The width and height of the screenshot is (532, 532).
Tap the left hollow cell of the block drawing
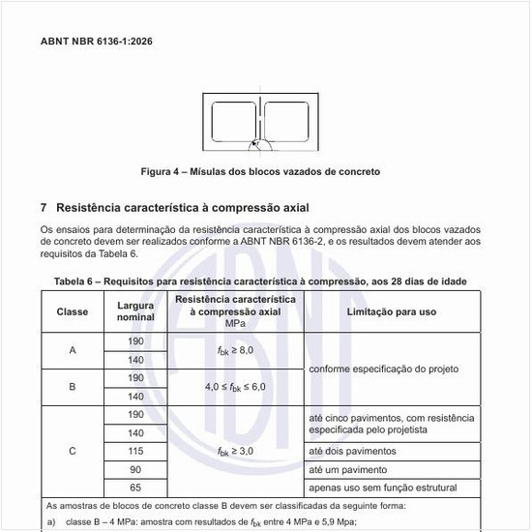tap(232, 122)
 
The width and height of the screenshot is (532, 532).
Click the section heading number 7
tap(44, 208)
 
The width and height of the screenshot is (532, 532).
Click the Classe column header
tap(73, 311)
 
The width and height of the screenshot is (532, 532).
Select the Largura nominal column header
tap(135, 311)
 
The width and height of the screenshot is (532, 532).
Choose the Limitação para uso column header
tap(392, 311)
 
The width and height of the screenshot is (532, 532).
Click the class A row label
tap(73, 350)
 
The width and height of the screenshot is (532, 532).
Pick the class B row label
tap(73, 387)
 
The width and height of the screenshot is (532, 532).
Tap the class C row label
tap(73, 451)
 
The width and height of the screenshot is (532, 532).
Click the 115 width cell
tap(135, 451)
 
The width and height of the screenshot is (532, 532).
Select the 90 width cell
tap(135, 469)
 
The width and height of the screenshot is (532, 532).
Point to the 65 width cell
tap(135, 488)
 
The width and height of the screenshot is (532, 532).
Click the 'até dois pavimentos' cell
tap(352, 451)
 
